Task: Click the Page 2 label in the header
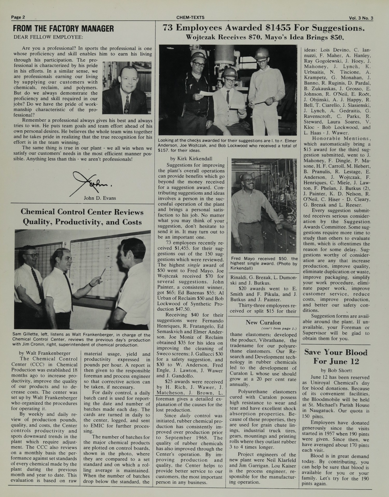pyautogui.click(x=18, y=17)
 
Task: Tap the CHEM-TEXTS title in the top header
pyautogui.click(x=190, y=17)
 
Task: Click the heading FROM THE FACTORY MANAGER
pyautogui.click(x=63, y=29)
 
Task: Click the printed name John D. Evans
pyautogui.click(x=100, y=198)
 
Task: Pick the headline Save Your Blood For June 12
pyautogui.click(x=336, y=356)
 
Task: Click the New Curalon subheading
pyautogui.click(x=263, y=322)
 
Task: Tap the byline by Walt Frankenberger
pyautogui.click(x=45, y=353)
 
